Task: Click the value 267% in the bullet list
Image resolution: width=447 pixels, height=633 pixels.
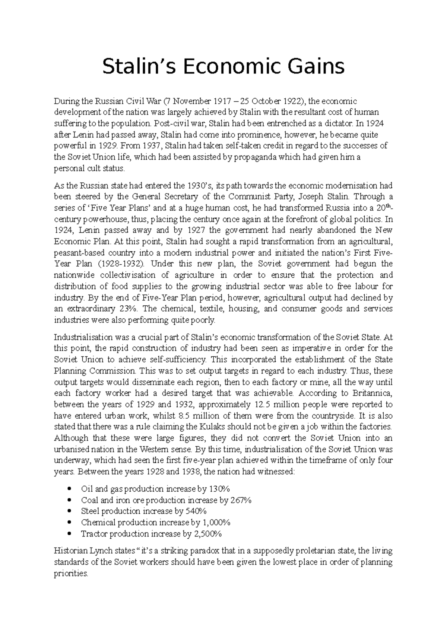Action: point(241,500)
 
